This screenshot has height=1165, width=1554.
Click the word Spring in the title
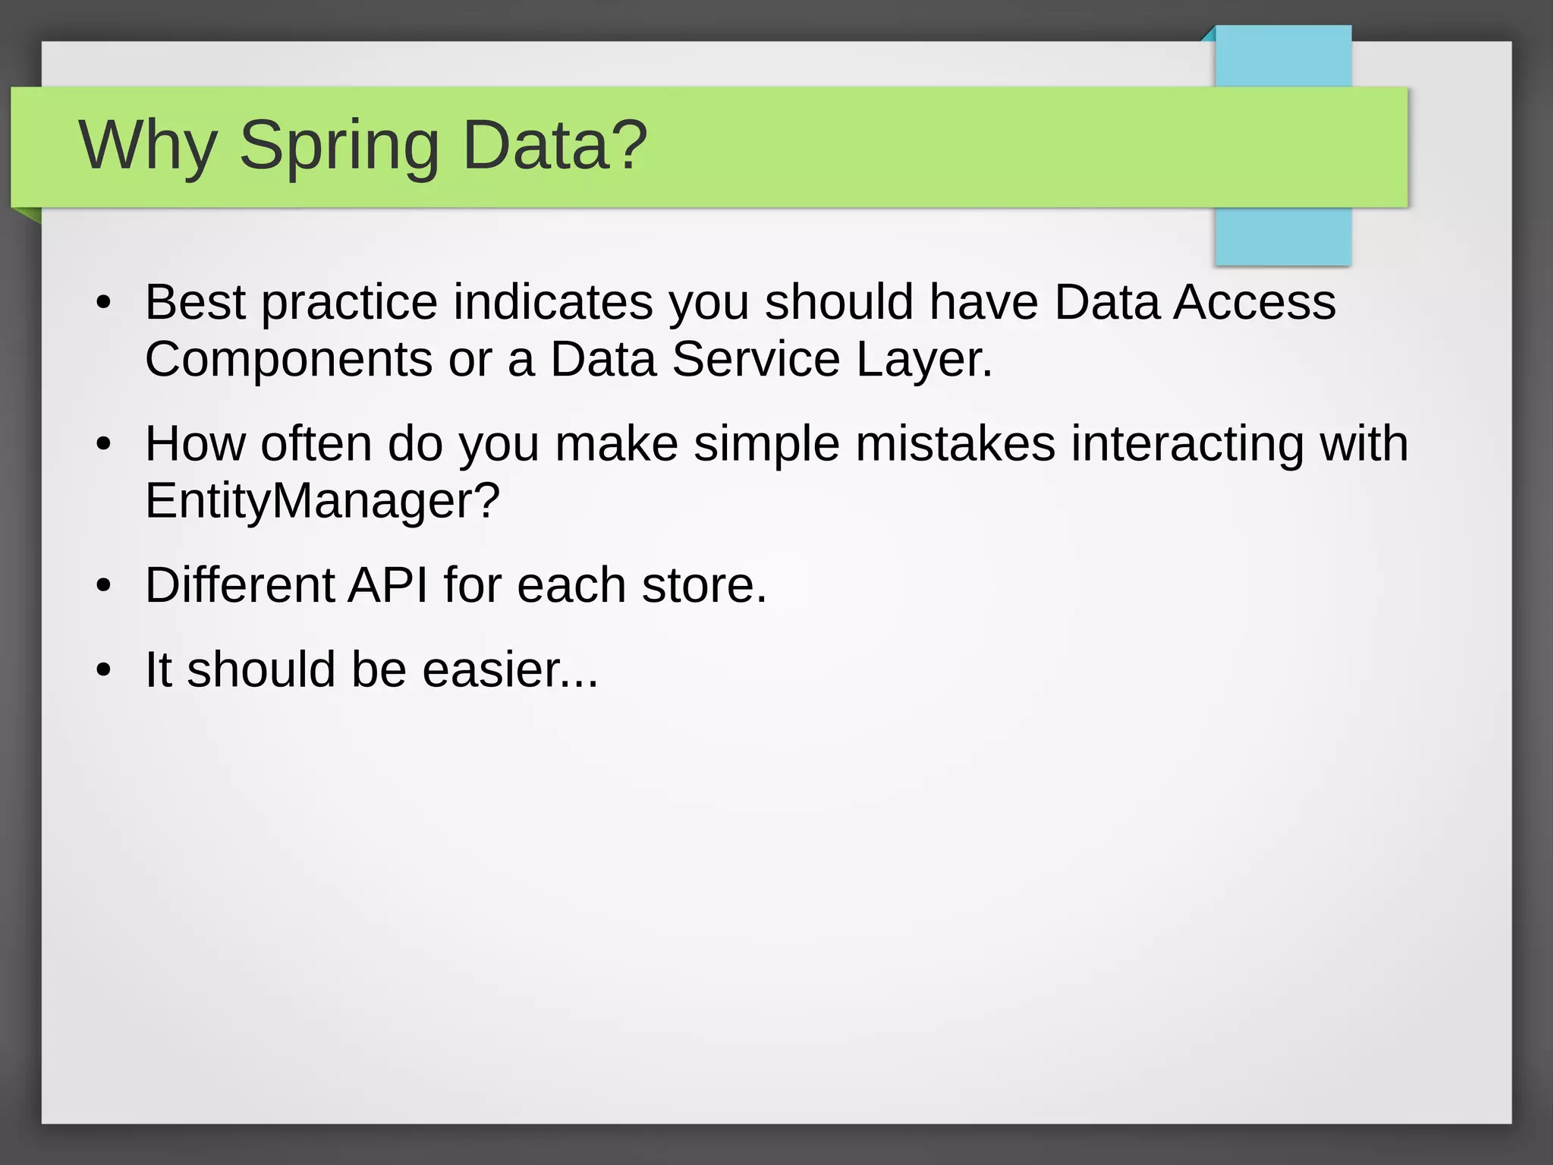coord(339,146)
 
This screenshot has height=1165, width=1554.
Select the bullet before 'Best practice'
coord(104,304)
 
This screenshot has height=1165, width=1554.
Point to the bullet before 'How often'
coord(104,445)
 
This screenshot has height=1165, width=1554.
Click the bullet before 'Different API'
coord(104,586)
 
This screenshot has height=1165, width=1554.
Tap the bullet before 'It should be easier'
coord(104,671)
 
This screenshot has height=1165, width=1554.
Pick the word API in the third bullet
coord(387,586)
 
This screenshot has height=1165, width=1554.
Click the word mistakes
coord(955,444)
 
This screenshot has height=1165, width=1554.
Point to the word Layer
coord(923,360)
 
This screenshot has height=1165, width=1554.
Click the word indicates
coord(552,303)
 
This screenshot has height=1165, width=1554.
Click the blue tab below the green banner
coord(1282,237)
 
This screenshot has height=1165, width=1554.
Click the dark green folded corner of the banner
coord(27,216)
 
